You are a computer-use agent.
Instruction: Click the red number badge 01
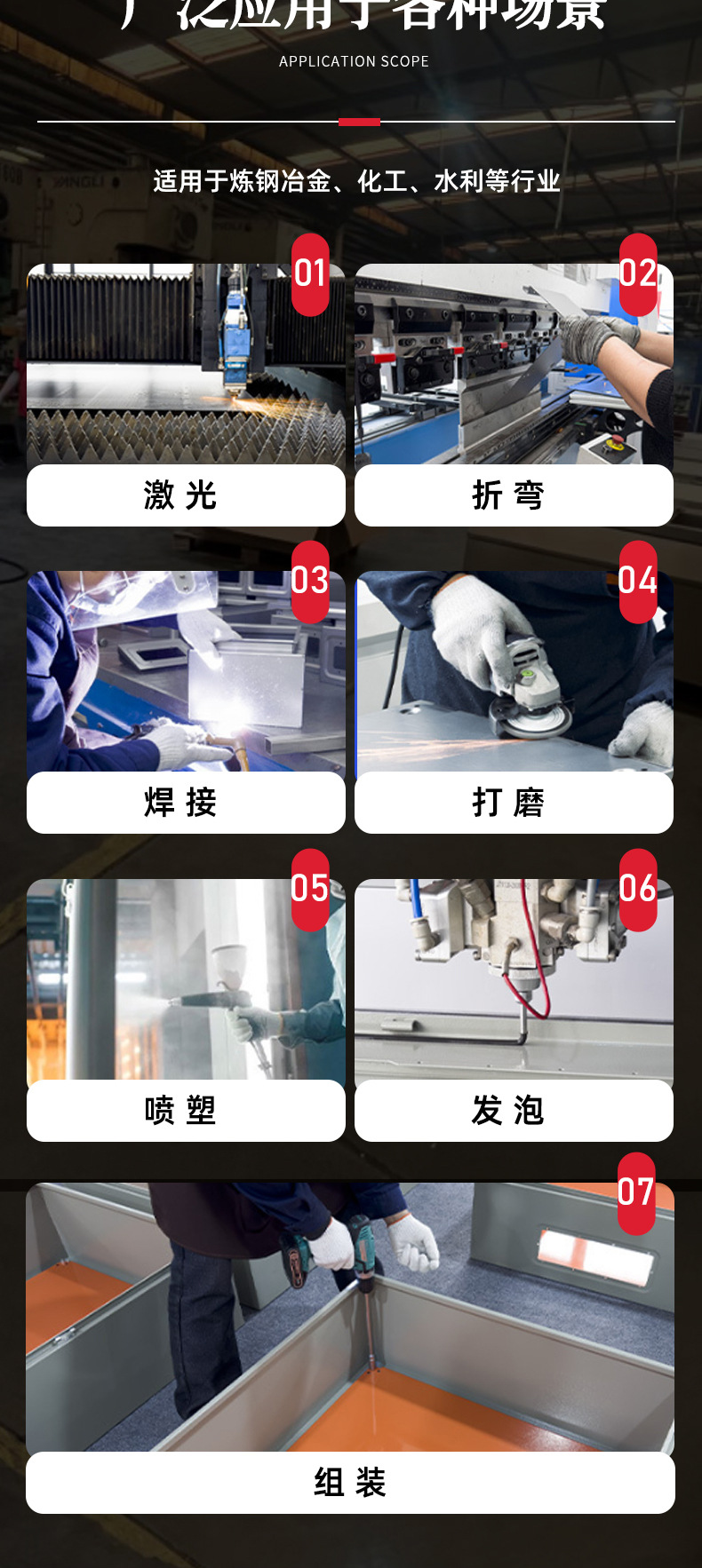point(310,274)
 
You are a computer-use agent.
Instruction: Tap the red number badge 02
point(638,274)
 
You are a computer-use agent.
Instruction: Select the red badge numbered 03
point(310,582)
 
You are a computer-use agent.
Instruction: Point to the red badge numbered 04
point(638,582)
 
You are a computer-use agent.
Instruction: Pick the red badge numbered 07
point(636,1193)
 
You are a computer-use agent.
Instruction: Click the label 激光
point(180,495)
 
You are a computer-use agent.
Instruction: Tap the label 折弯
point(508,495)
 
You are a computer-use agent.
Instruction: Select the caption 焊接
point(180,803)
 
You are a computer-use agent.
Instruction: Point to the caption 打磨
point(508,803)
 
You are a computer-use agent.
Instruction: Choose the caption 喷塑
point(180,1111)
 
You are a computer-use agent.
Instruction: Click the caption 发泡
point(508,1111)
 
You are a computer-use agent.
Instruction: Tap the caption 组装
point(350,1482)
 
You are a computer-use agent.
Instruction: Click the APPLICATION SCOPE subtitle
point(354,61)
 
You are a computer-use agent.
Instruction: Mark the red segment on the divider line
point(359,122)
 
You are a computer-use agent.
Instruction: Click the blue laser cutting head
point(235,329)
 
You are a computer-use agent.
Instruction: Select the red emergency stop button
point(614,441)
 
